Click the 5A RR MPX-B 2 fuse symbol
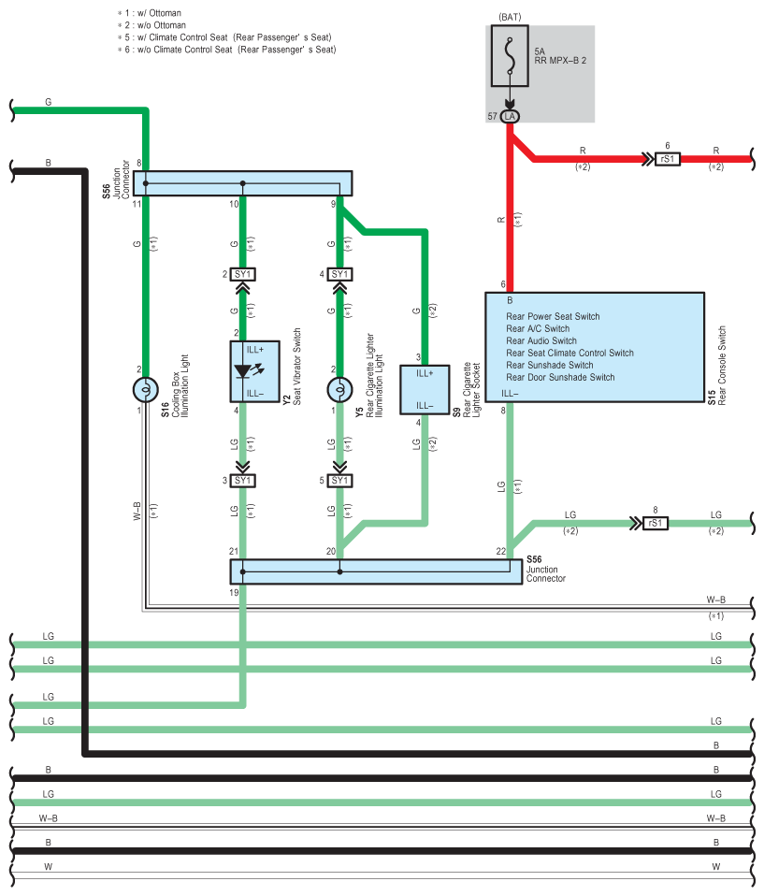click(x=509, y=55)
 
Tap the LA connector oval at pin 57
click(x=509, y=117)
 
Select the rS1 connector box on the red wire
click(x=667, y=159)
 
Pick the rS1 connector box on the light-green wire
click(x=655, y=523)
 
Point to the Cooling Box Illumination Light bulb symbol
click(x=146, y=390)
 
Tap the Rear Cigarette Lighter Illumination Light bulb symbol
click(x=340, y=390)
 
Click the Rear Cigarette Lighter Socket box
click(x=425, y=390)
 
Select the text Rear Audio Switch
click(x=541, y=340)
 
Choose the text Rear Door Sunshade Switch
click(x=560, y=377)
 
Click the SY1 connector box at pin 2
click(x=243, y=274)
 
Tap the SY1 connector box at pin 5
click(x=340, y=481)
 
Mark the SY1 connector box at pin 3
click(x=243, y=481)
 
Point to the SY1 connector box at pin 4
click(x=340, y=274)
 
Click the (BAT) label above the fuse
click(x=510, y=17)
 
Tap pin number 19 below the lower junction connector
click(x=234, y=593)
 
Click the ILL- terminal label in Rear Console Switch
click(x=510, y=393)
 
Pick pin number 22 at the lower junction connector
click(x=501, y=552)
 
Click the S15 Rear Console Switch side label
click(x=716, y=366)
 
